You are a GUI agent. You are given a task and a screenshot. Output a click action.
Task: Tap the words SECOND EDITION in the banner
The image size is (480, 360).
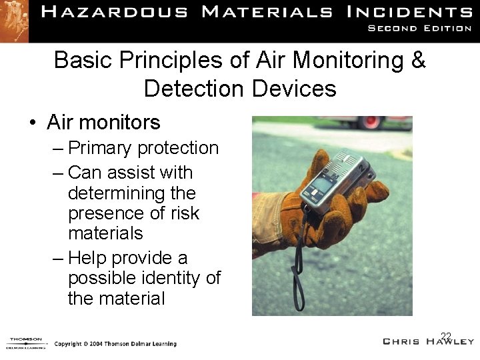(x=419, y=28)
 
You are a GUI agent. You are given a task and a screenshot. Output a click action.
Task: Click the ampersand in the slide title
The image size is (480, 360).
(x=418, y=60)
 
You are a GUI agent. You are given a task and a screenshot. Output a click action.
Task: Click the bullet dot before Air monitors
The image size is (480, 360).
(x=32, y=123)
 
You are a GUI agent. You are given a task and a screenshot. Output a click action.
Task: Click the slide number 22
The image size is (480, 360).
(x=446, y=336)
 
